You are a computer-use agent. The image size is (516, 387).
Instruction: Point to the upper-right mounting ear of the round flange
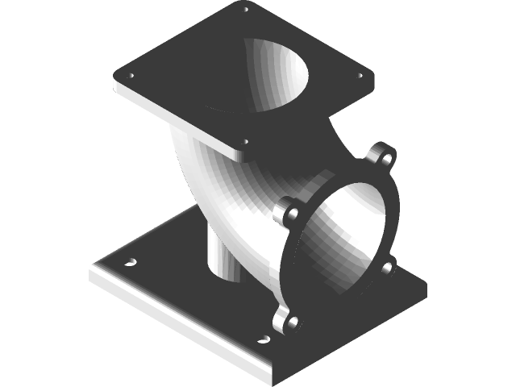pyautogui.click(x=385, y=155)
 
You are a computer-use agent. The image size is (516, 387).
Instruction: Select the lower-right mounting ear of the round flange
pyautogui.click(x=389, y=267)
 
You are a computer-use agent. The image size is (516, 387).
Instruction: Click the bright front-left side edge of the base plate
pyautogui.click(x=177, y=322)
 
